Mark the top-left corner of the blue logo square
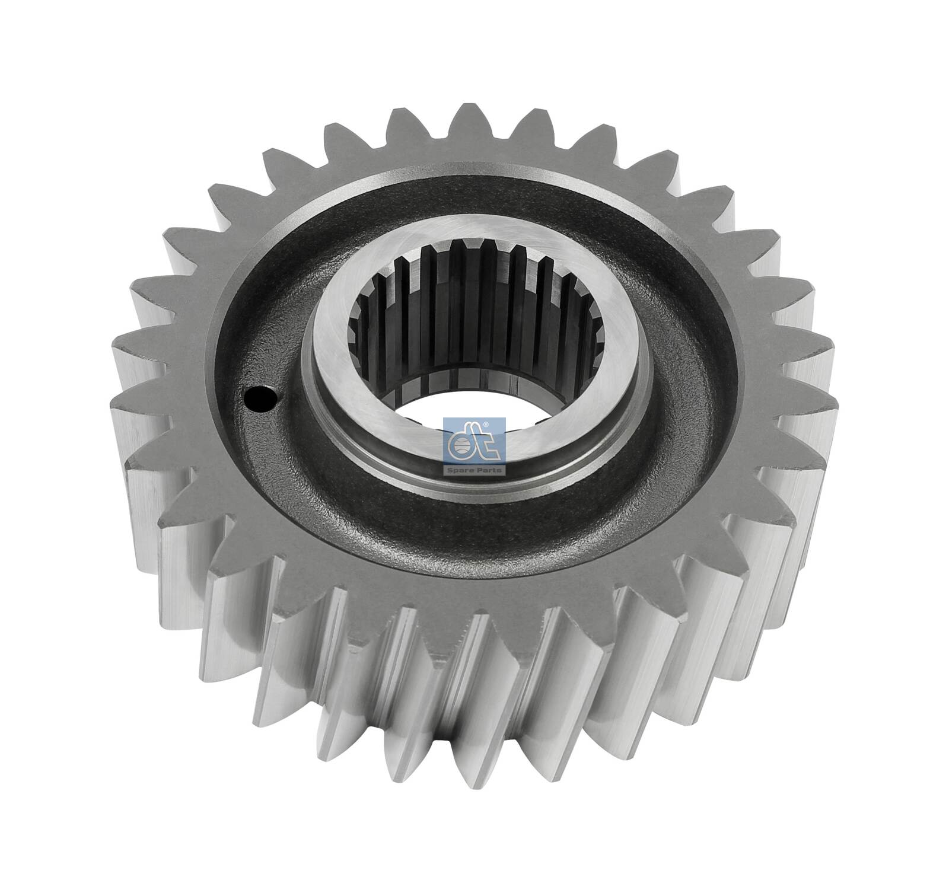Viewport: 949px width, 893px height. click(x=444, y=418)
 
